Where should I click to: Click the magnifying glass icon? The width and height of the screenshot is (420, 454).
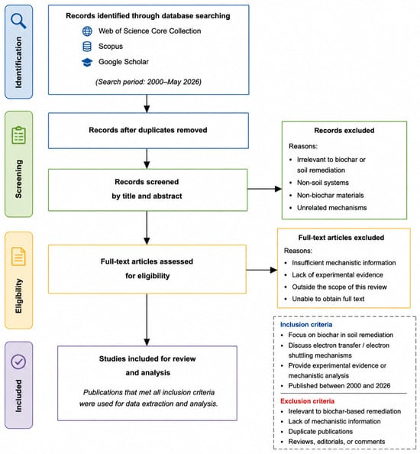pyautogui.click(x=18, y=21)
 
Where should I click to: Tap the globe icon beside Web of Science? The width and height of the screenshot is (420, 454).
pyautogui.click(x=87, y=31)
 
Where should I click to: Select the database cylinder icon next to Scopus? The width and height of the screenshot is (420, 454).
pyautogui.click(x=87, y=47)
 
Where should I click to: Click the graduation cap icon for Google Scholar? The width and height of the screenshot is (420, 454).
pyautogui.click(x=87, y=62)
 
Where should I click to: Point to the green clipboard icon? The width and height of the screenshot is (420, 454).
pyautogui.click(x=19, y=135)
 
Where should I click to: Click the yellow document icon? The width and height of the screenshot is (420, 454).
pyautogui.click(x=18, y=256)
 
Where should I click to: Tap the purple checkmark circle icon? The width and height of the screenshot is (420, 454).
pyautogui.click(x=18, y=362)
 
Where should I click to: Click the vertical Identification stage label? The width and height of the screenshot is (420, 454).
pyautogui.click(x=18, y=62)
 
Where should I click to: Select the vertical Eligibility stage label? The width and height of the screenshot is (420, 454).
pyautogui.click(x=18, y=296)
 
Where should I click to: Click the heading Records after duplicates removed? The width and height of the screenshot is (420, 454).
pyautogui.click(x=148, y=130)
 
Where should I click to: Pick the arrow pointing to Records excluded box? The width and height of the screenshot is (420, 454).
pyautogui.click(x=264, y=189)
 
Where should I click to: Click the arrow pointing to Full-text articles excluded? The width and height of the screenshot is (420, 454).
pyautogui.click(x=261, y=270)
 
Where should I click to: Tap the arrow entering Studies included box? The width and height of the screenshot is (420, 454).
pyautogui.click(x=147, y=319)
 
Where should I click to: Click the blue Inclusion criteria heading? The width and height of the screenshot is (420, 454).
pyautogui.click(x=306, y=325)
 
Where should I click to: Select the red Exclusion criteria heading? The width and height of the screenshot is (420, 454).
pyautogui.click(x=307, y=401)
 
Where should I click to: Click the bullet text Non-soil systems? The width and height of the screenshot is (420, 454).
pyautogui.click(x=323, y=183)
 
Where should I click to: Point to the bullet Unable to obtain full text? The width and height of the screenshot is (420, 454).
pyautogui.click(x=328, y=299)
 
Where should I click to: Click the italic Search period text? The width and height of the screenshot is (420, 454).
pyautogui.click(x=148, y=82)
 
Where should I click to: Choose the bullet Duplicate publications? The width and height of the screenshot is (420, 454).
pyautogui.click(x=321, y=431)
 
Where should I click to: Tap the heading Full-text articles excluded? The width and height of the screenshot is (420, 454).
pyautogui.click(x=341, y=238)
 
